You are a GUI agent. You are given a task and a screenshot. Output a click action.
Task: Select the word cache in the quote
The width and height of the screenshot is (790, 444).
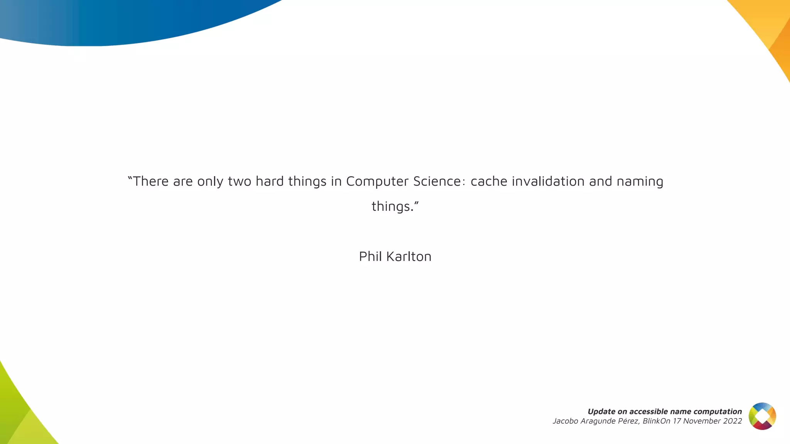[x=489, y=181]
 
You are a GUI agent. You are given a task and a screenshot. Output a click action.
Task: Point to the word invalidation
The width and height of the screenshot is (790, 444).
[x=548, y=181]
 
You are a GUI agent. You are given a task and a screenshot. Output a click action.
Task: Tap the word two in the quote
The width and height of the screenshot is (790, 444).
[x=240, y=181]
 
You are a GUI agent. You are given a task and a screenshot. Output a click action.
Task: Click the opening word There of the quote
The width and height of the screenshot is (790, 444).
[x=150, y=181]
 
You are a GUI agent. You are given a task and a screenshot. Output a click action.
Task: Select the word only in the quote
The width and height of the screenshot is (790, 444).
[x=210, y=182]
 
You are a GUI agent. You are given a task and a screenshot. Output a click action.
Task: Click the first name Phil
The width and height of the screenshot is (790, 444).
[x=370, y=256]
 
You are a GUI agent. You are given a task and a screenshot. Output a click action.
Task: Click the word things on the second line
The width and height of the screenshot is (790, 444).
[x=392, y=207]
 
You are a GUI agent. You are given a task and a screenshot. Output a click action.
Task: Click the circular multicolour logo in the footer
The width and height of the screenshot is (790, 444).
[x=762, y=416]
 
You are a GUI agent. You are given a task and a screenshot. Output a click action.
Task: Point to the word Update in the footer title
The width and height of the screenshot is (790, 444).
[x=601, y=411]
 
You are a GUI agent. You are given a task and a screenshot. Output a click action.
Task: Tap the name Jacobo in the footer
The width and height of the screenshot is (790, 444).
[x=565, y=421]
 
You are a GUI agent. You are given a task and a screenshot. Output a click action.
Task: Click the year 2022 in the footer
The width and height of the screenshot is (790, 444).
[x=733, y=421]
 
